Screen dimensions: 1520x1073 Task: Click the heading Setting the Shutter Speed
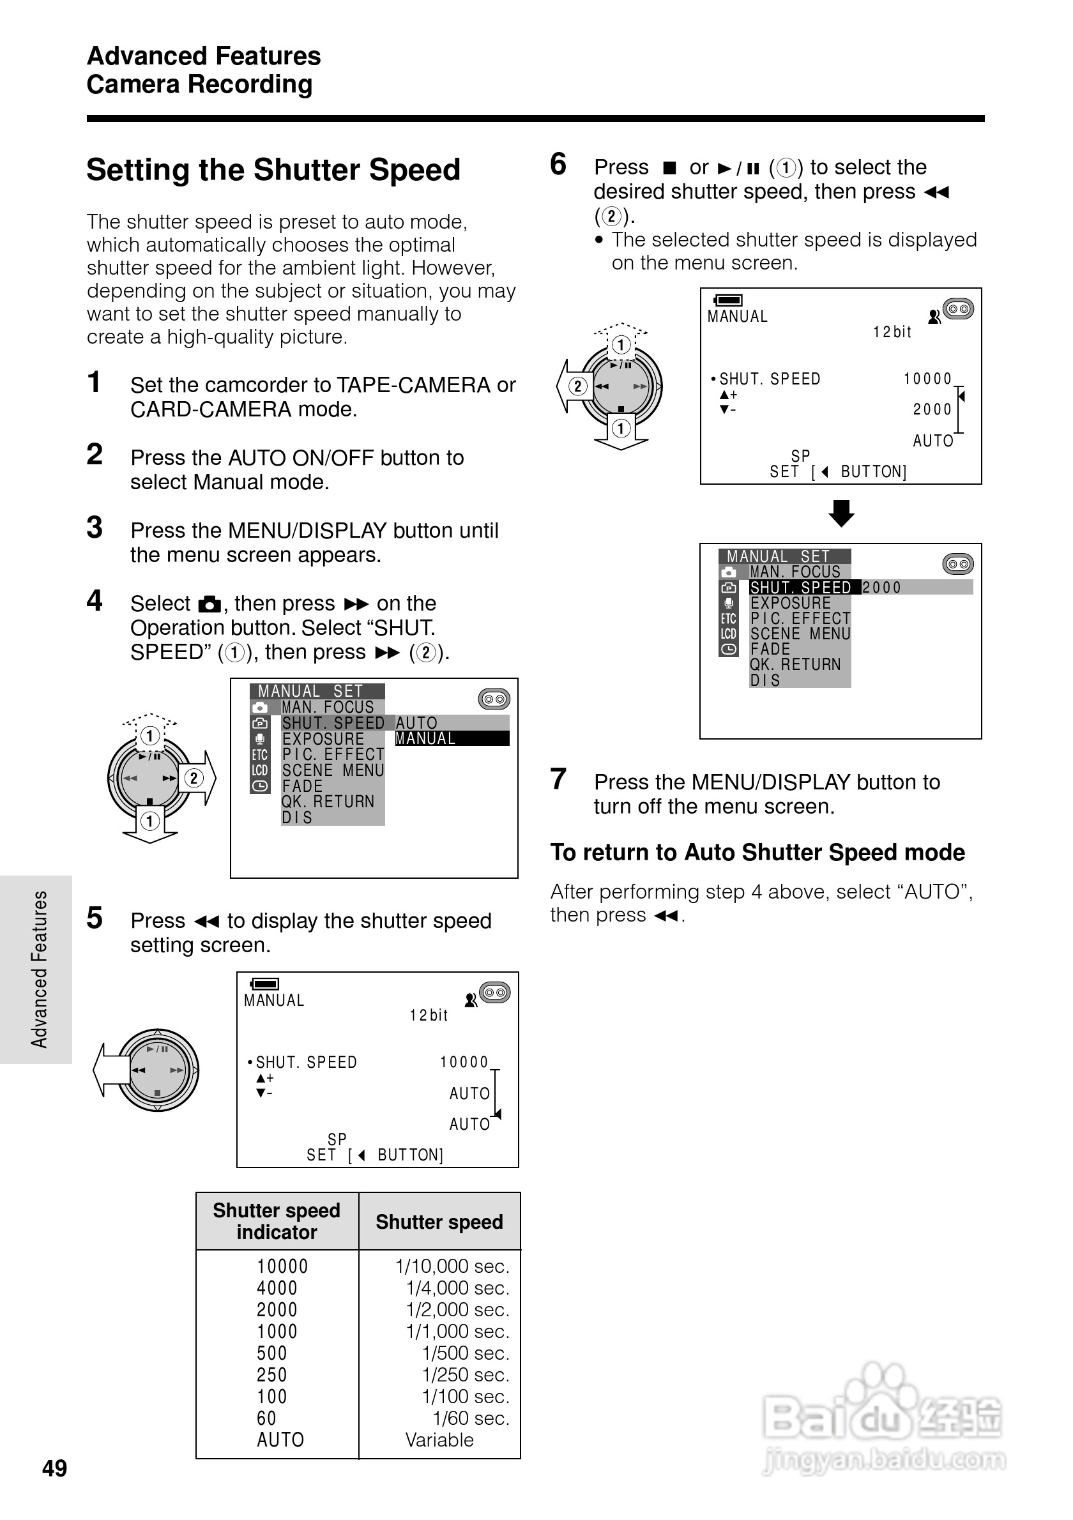click(273, 169)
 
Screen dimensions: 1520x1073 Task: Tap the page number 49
click(54, 1468)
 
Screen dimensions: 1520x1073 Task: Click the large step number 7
click(558, 779)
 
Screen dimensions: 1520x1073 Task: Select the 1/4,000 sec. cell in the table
click(457, 1288)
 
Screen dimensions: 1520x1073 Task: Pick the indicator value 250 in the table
click(271, 1375)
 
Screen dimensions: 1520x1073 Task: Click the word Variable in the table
click(439, 1440)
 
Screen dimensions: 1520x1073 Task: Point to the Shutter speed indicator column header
click(276, 1220)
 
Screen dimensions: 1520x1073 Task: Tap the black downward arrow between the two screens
click(841, 513)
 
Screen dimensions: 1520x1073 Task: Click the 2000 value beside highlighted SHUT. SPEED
click(881, 587)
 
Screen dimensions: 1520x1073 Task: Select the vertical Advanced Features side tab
click(38, 969)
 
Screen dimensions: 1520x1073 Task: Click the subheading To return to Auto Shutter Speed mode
click(757, 852)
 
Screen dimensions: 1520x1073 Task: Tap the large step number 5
click(95, 918)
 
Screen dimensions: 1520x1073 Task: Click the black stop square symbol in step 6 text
click(670, 167)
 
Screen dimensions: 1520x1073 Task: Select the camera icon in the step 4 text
click(209, 604)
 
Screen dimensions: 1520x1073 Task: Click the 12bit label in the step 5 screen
click(429, 1015)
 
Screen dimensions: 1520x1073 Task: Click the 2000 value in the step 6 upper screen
click(932, 410)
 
